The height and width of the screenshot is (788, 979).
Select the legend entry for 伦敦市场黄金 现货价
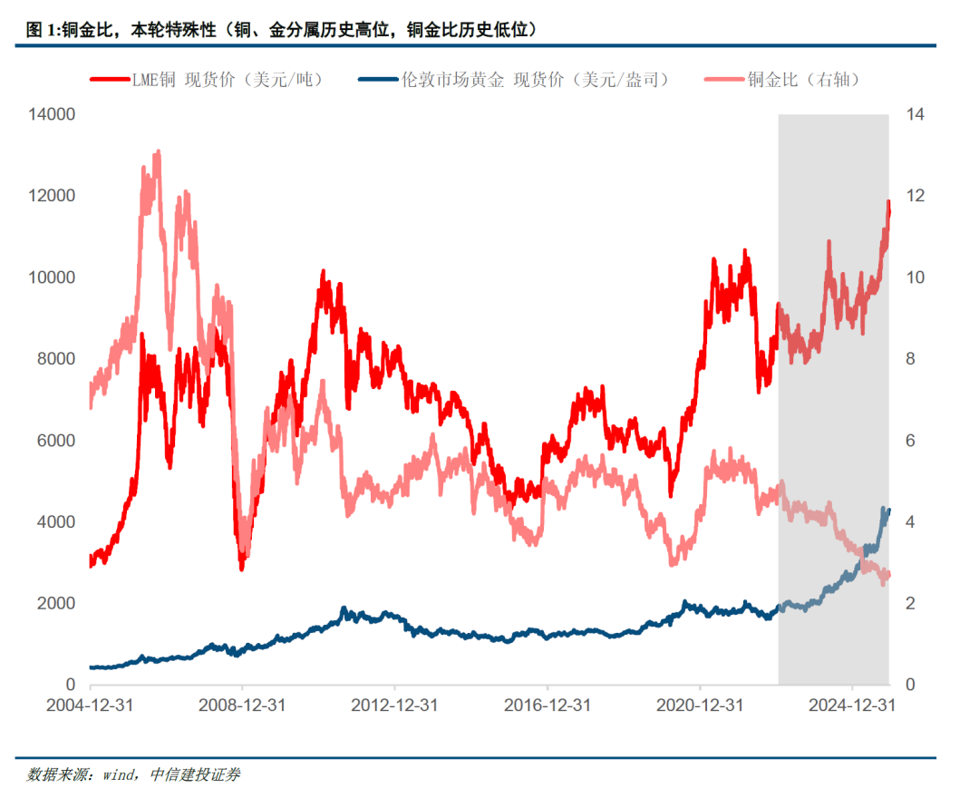[x=535, y=80]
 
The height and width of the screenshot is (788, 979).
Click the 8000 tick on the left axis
[x=55, y=359]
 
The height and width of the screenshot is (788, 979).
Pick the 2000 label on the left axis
[x=55, y=604]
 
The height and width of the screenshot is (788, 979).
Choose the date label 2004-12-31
[x=90, y=705]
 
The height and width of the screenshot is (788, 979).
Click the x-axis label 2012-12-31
[x=394, y=705]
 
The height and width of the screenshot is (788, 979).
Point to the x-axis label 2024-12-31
[x=852, y=705]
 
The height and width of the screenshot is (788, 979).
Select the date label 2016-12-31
[x=547, y=705]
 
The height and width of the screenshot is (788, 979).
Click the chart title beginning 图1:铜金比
[x=282, y=30]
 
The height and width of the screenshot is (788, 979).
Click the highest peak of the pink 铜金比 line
[x=159, y=152]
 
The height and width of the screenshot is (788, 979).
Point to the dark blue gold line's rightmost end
[x=889, y=510]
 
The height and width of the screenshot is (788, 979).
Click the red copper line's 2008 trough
[x=242, y=569]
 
